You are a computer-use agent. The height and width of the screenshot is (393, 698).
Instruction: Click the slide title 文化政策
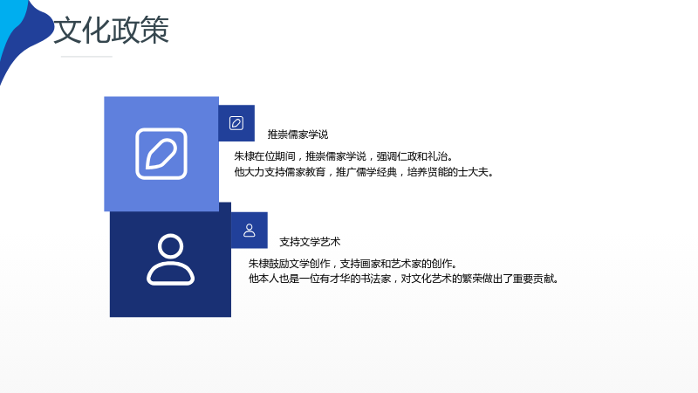(112, 31)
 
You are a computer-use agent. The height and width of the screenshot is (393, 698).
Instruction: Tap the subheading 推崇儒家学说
(298, 134)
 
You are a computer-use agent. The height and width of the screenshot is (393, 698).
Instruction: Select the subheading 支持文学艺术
(310, 242)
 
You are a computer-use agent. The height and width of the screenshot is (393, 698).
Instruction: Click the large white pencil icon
(161, 154)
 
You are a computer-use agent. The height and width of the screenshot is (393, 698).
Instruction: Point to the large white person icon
(170, 259)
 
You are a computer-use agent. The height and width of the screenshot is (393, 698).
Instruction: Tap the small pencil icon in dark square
(236, 123)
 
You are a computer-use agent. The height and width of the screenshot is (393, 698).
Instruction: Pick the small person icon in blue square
(250, 231)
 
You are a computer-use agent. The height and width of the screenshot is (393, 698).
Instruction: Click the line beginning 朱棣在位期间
(344, 156)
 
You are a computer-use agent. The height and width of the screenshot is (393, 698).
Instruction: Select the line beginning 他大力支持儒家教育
(364, 172)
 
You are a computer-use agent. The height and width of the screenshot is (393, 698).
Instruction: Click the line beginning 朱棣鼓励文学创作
(353, 264)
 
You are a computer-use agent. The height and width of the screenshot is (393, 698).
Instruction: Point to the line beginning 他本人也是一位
(404, 279)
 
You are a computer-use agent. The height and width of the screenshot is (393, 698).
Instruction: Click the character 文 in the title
(68, 31)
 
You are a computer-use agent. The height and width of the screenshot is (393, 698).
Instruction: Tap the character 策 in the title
(155, 31)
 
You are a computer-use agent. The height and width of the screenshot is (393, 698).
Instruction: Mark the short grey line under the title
(86, 57)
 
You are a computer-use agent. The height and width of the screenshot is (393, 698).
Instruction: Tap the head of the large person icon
(170, 246)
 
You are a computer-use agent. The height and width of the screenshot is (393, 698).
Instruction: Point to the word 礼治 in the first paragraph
(438, 156)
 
